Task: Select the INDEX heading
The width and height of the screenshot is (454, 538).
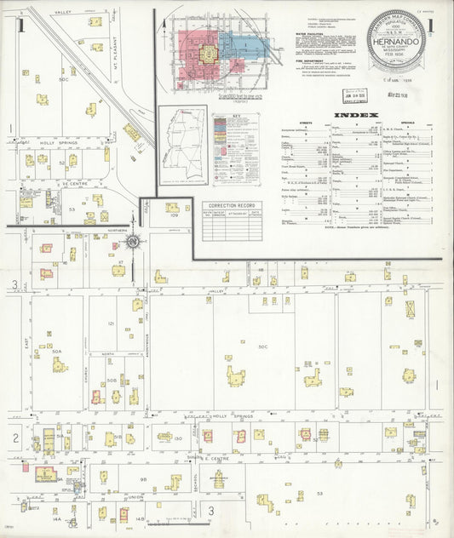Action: pyautogui.click(x=349, y=114)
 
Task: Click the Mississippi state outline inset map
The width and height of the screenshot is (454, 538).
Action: pyautogui.click(x=182, y=145)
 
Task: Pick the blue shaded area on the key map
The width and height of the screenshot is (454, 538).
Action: pyautogui.click(x=247, y=44)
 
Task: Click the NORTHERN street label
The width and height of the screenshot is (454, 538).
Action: pyautogui.click(x=117, y=231)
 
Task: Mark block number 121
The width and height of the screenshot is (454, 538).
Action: pyautogui.click(x=111, y=323)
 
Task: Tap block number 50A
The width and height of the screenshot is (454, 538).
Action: pyautogui.click(x=57, y=351)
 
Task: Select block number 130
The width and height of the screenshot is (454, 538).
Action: pyautogui.click(x=178, y=438)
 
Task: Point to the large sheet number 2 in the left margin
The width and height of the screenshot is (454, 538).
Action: pyautogui.click(x=14, y=438)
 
